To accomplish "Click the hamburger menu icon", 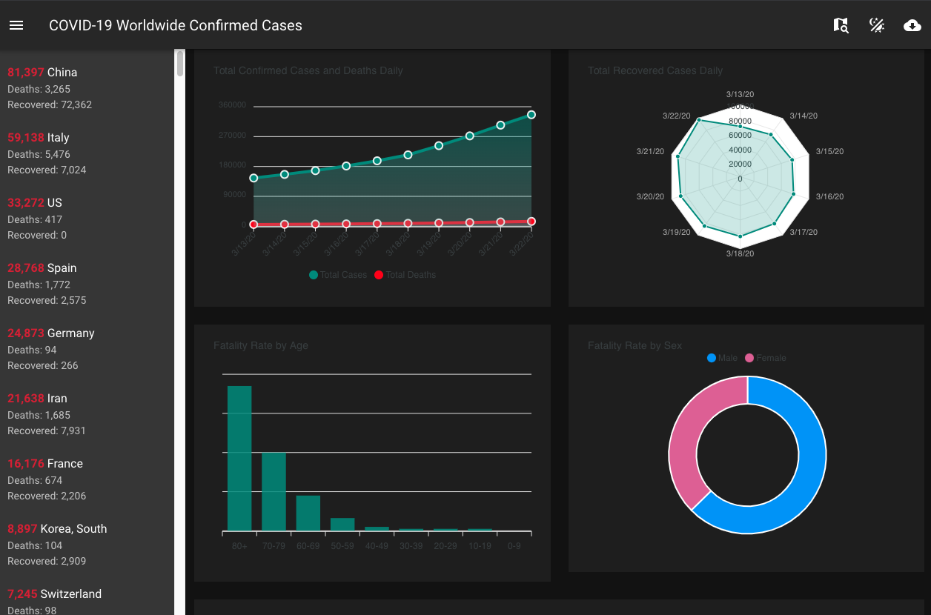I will coord(16,25).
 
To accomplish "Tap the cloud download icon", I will coord(912,26).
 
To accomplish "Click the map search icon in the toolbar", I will coord(841,26).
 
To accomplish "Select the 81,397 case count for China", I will coord(26,73).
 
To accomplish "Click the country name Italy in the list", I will coord(59,138).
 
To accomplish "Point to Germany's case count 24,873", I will coord(26,333).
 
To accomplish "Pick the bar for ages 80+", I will coord(239,458).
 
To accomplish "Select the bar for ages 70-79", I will coord(274,491).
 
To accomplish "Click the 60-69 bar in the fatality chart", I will coord(308,513).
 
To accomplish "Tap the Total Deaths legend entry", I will coord(405,275).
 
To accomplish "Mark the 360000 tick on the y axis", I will coord(232,105).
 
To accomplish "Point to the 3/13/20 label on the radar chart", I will coord(740,94).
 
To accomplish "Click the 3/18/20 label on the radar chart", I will coord(740,253).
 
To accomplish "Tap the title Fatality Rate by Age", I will coord(261,345).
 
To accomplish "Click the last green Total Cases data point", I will coord(531,115).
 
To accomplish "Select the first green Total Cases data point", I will coord(254,178).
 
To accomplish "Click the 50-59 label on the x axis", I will coord(342,546).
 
